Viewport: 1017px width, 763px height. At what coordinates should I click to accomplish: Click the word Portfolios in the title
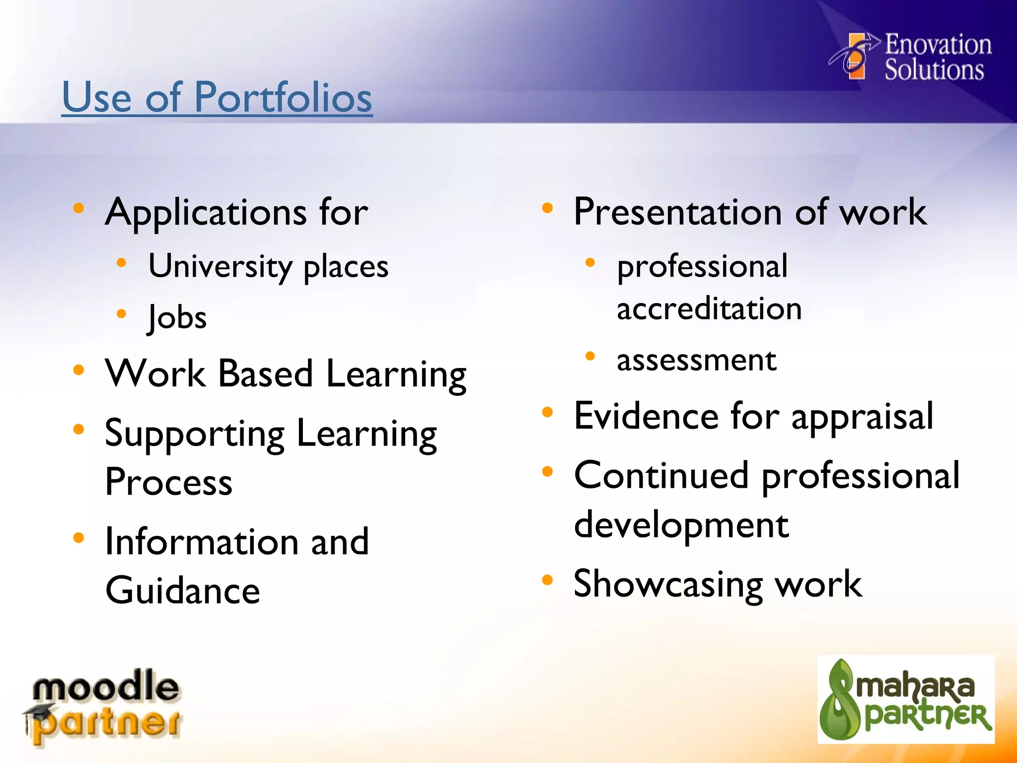[x=283, y=97]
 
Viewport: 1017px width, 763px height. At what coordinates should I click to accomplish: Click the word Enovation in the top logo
[x=938, y=44]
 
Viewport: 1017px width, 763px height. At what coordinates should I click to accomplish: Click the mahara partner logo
[x=906, y=699]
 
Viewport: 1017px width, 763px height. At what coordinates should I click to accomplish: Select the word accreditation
[x=709, y=308]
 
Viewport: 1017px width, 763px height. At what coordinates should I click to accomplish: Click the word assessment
[x=696, y=360]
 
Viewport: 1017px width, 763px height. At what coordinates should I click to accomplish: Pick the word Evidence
[x=646, y=416]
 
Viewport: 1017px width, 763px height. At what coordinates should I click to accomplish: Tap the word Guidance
[x=183, y=591]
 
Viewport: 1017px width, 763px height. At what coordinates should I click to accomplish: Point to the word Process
[x=169, y=482]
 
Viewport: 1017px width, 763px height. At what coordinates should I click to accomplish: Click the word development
[x=681, y=525]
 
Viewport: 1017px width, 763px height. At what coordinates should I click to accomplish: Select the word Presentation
[x=678, y=212]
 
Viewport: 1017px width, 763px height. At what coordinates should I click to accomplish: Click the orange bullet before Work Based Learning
[x=78, y=370]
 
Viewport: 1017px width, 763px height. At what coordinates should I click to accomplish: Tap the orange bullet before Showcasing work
[x=547, y=580]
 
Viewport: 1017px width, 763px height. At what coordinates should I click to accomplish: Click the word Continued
[x=661, y=475]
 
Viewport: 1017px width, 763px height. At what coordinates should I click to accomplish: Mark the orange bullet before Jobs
[x=121, y=313]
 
